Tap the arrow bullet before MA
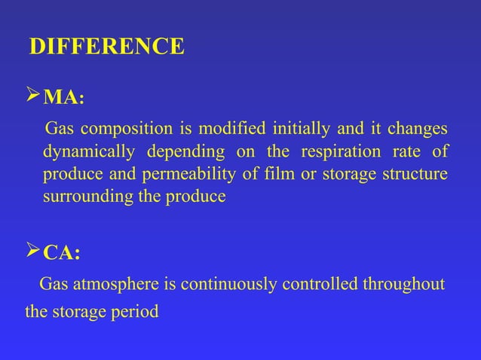[x=32, y=96]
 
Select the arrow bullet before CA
[x=32, y=252]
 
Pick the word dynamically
[x=89, y=152]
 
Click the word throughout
[x=405, y=284]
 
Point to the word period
[x=136, y=310]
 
